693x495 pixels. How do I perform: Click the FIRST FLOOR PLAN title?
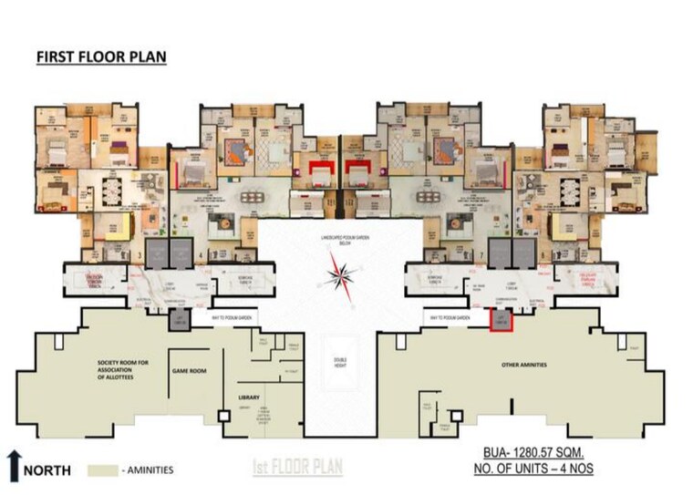point(101,57)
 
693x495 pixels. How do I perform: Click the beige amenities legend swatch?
point(106,470)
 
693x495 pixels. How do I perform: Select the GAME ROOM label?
point(186,372)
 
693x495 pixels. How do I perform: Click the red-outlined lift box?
point(502,319)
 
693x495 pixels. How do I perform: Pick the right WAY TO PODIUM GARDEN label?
point(449,318)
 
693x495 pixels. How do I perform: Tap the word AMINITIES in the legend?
point(146,470)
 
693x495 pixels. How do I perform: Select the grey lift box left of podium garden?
point(179,318)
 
